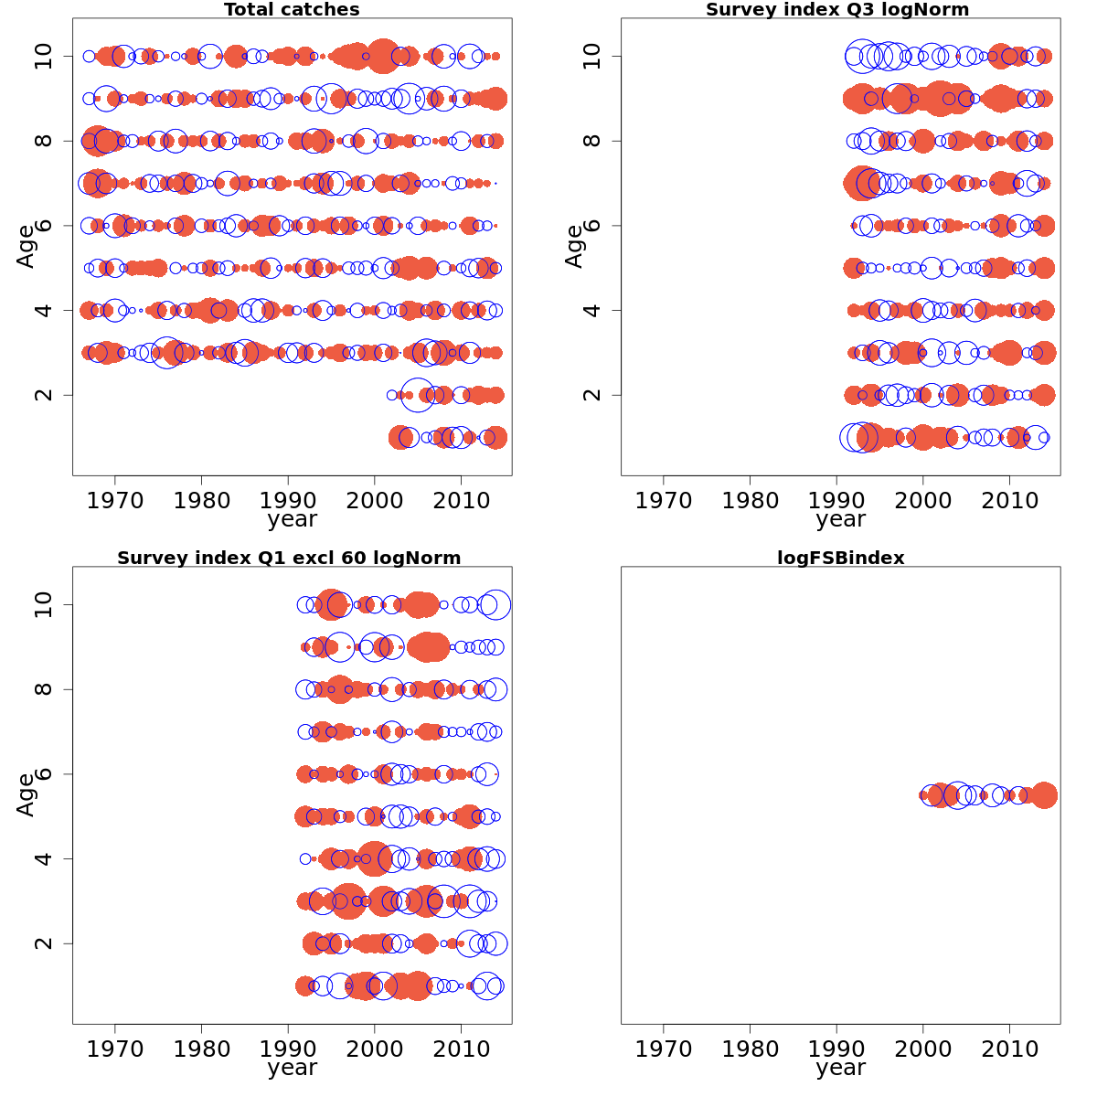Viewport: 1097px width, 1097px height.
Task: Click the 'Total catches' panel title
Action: (x=292, y=10)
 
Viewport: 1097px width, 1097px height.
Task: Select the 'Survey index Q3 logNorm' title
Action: (x=837, y=10)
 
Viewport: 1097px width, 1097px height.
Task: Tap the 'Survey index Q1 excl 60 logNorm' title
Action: (x=289, y=558)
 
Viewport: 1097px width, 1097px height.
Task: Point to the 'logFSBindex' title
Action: (x=840, y=558)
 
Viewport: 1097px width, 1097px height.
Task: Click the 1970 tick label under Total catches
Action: (x=115, y=500)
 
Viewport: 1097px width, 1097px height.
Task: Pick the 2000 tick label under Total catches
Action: (x=375, y=500)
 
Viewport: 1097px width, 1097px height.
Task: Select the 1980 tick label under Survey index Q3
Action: (x=750, y=500)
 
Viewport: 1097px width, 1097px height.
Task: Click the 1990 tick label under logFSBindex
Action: (x=836, y=1049)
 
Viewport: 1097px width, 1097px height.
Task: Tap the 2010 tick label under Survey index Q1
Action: (x=461, y=1049)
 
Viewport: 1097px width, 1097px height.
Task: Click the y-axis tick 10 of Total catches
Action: (x=43, y=57)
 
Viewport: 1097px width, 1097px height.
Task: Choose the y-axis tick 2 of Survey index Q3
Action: (x=591, y=395)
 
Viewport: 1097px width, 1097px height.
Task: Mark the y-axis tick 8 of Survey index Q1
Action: (x=43, y=689)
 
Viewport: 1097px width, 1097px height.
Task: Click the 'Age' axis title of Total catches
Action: (x=26, y=247)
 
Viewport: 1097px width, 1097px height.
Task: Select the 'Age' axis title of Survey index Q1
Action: (x=26, y=795)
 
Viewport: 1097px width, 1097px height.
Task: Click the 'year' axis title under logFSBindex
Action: (x=840, y=1068)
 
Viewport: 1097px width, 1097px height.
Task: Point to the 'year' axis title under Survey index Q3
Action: (x=840, y=519)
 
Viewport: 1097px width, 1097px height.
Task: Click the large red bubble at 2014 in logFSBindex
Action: (x=1044, y=795)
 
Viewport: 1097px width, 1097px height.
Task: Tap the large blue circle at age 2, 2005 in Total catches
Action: (x=418, y=395)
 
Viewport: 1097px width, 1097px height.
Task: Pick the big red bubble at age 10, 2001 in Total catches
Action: (x=382, y=57)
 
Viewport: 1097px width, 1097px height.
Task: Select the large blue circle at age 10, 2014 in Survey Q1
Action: (x=495, y=605)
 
